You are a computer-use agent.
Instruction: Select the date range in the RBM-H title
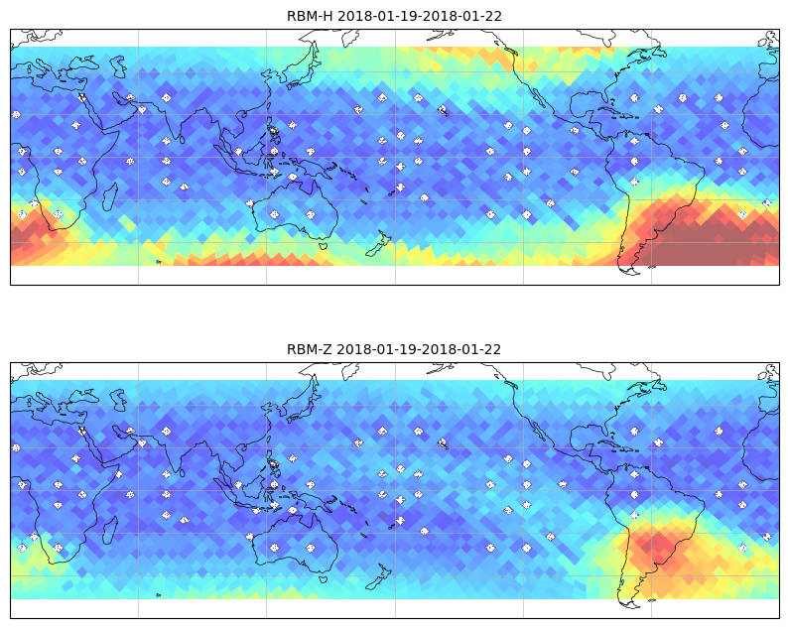coord(420,16)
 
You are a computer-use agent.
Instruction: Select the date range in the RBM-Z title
coord(419,349)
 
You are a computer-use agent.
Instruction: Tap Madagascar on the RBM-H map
coord(110,196)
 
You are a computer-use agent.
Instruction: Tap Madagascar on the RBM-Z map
coord(110,530)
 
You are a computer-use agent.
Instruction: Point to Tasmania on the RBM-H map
coord(324,245)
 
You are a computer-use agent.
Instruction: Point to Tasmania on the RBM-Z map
coord(324,578)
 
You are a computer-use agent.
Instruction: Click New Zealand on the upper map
coord(378,246)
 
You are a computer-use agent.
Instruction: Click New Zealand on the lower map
coord(378,578)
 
